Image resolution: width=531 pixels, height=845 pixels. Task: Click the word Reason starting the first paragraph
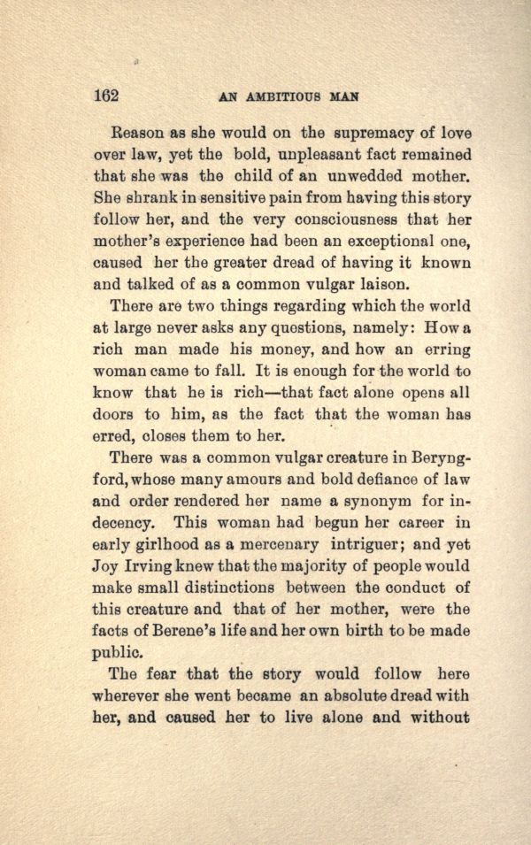pyautogui.click(x=137, y=134)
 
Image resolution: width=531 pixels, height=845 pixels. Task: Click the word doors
pyautogui.click(x=114, y=414)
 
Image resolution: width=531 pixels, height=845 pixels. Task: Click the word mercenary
pyautogui.click(x=300, y=544)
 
